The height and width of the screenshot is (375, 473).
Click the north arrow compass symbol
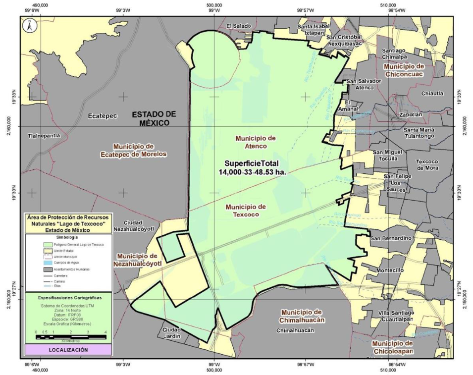pos(29,26)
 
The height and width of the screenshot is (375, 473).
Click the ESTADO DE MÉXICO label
pos(154,118)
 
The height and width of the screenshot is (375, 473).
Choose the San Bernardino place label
pos(391,238)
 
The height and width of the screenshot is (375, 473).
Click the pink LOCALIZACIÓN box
pos(68,350)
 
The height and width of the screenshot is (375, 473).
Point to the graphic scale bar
pos(71,337)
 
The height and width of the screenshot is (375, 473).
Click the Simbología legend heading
pos(68,238)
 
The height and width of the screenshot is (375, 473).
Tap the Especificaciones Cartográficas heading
pos(68,298)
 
